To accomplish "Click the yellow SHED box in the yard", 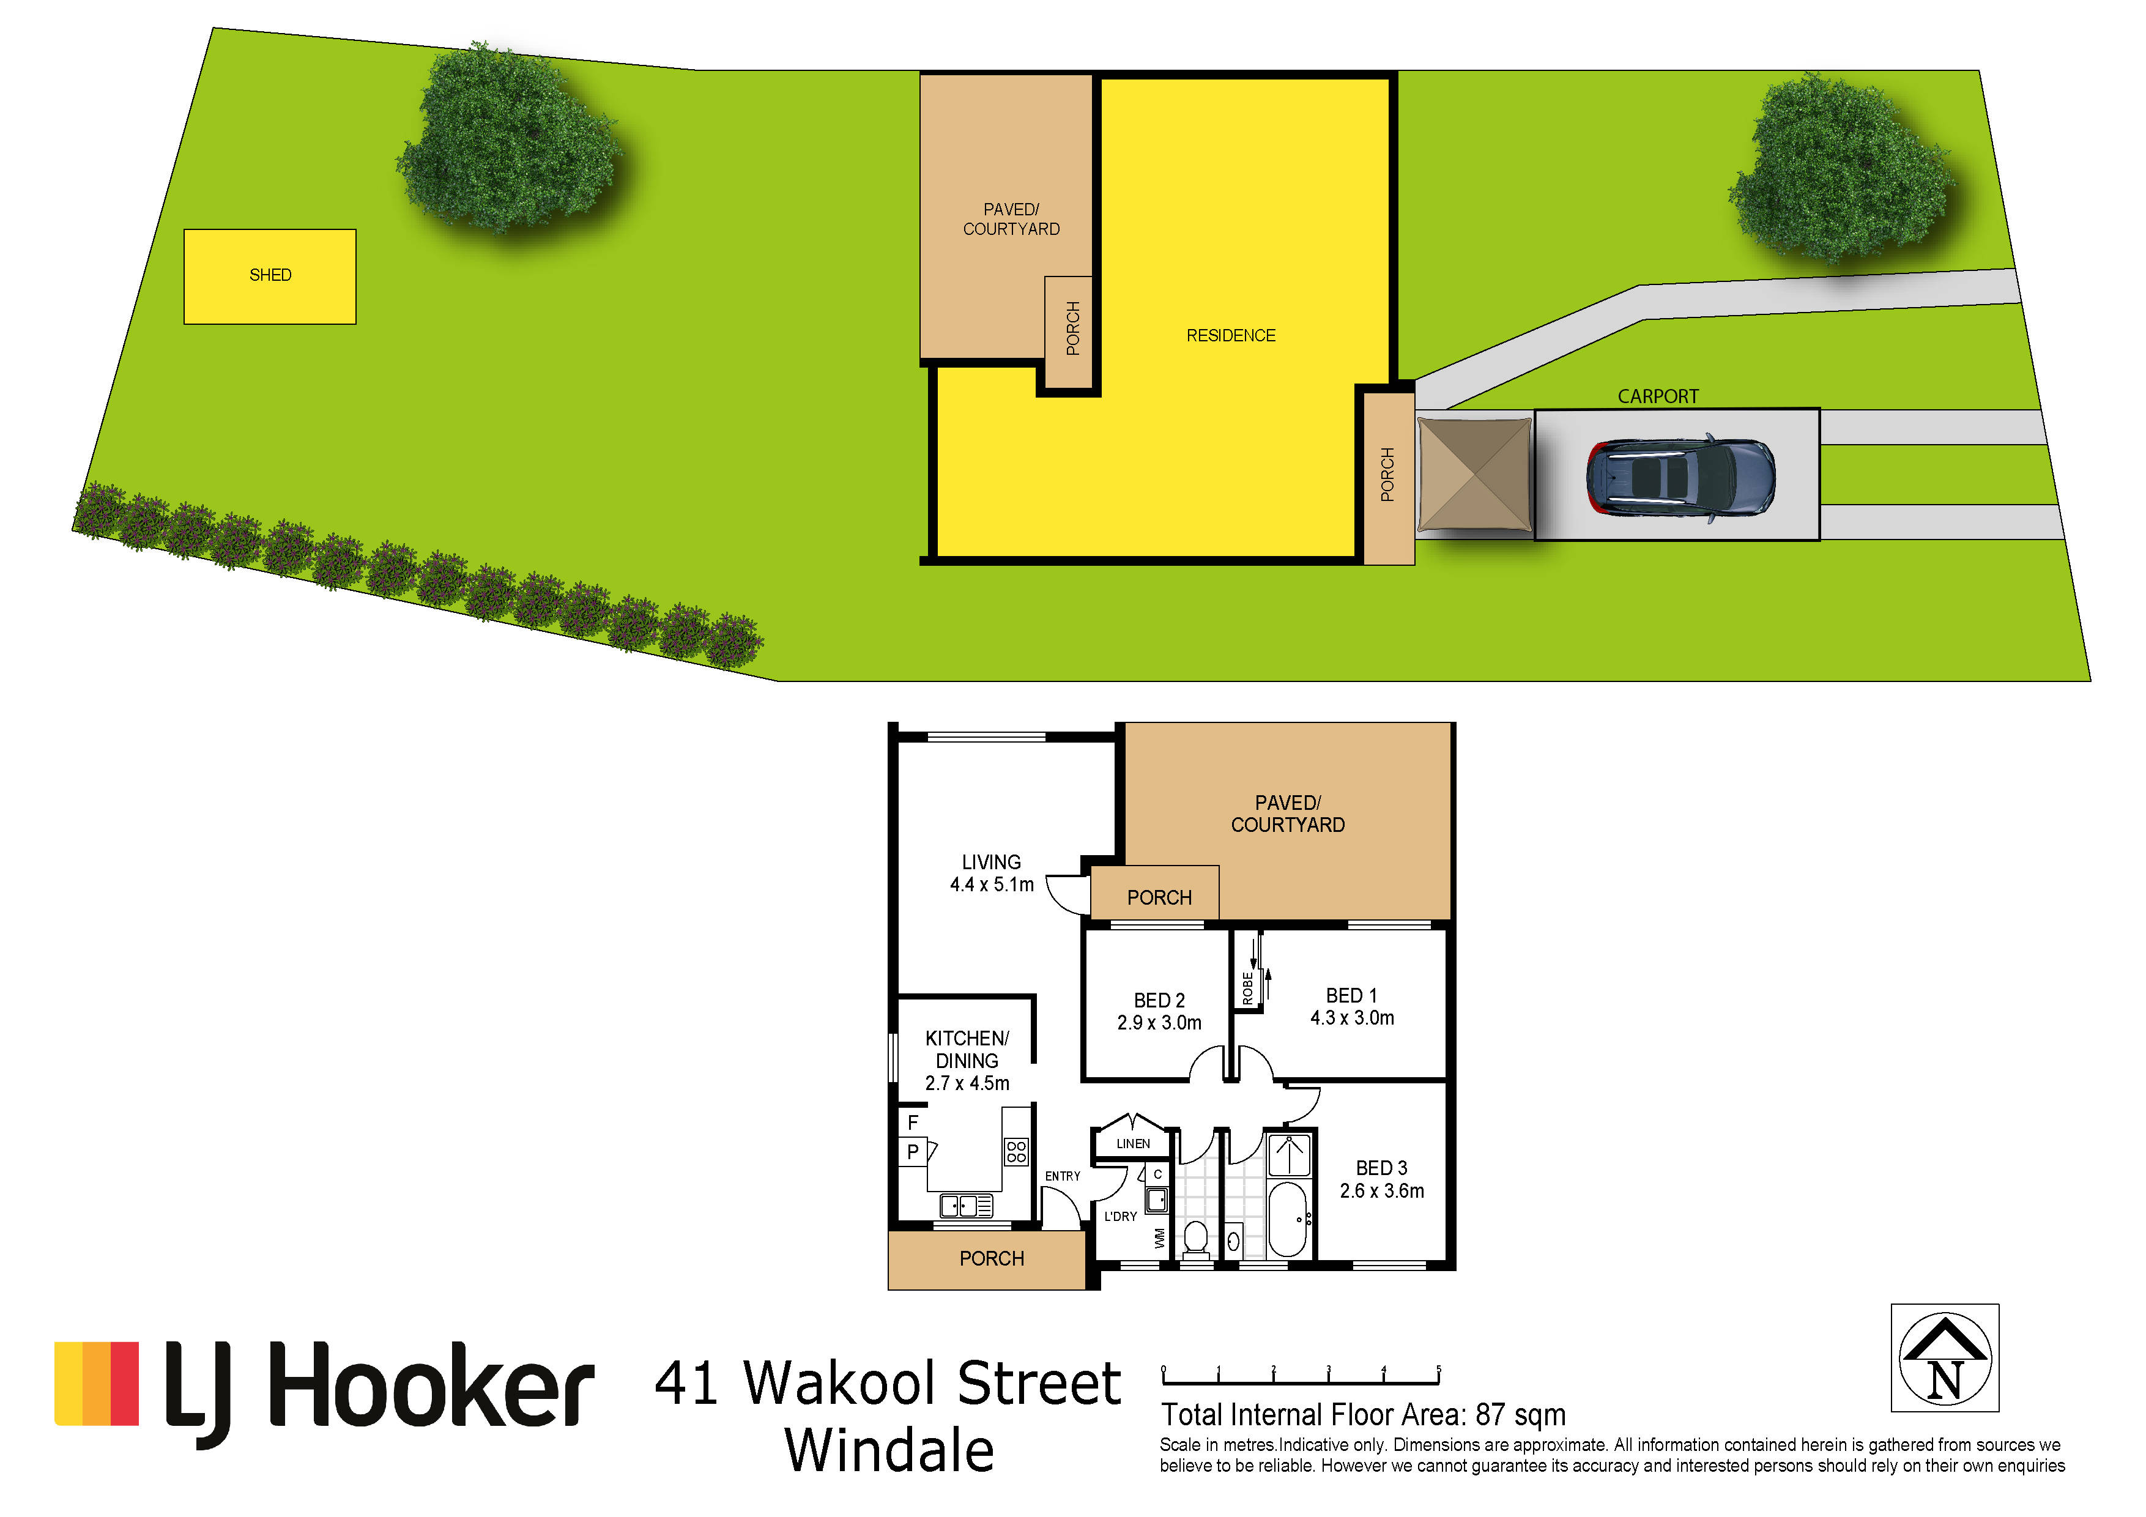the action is (x=270, y=276).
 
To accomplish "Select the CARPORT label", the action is (x=1658, y=396).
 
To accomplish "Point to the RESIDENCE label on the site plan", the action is (x=1231, y=336).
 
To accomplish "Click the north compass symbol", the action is (x=1945, y=1358).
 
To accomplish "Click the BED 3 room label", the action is (x=1381, y=1168).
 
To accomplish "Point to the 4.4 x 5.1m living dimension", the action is (x=992, y=885).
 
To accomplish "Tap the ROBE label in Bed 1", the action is (x=1248, y=989).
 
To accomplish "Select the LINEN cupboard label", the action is (x=1133, y=1143).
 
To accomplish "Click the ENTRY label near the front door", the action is (x=1063, y=1176).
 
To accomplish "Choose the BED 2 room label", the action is (x=1159, y=1000).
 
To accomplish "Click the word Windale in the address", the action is (x=889, y=1451).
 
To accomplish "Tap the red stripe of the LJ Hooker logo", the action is (x=124, y=1383).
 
